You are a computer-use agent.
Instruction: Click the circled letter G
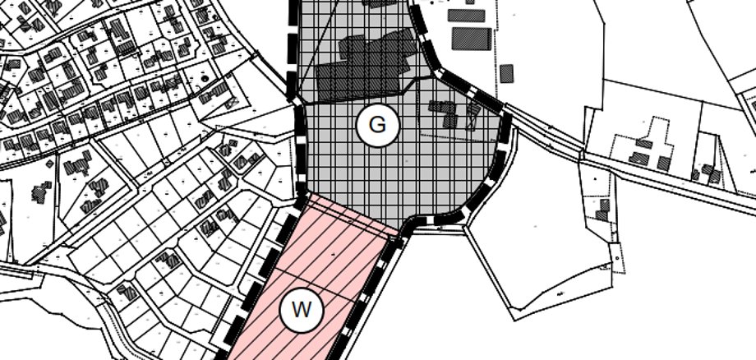[377, 126]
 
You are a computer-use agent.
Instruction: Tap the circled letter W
[302, 312]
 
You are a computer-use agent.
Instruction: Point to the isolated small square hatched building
[506, 72]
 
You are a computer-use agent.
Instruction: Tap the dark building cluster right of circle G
[445, 113]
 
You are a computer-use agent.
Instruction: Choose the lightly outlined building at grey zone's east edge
[472, 116]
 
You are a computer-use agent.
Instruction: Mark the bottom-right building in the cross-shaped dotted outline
[662, 161]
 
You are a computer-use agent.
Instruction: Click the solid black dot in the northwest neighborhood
[204, 78]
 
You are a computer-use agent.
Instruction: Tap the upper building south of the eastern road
[605, 204]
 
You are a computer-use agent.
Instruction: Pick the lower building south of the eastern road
[602, 217]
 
